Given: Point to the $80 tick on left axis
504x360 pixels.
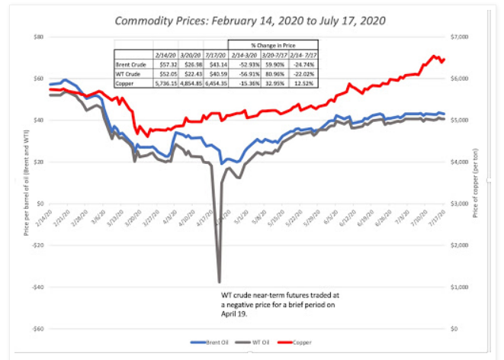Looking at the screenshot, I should pyautogui.click(x=37, y=37).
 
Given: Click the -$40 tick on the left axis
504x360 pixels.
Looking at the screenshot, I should pyautogui.click(x=37, y=287).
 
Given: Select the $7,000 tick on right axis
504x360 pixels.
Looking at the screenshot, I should pyautogui.click(x=461, y=37).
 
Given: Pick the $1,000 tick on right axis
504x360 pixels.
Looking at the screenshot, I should pyautogui.click(x=461, y=287).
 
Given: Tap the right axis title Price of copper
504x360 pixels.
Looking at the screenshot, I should pyautogui.click(x=475, y=183).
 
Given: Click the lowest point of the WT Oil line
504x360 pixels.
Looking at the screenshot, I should pyautogui.click(x=220, y=281).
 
